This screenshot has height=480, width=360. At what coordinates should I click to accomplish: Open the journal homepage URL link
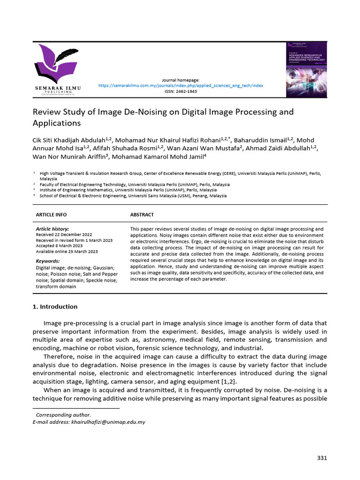tap(180, 86)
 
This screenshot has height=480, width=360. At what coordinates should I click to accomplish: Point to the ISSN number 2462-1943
tap(180, 91)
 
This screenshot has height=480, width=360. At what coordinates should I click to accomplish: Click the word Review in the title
tap(45, 112)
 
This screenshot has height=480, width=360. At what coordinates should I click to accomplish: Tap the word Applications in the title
tap(57, 123)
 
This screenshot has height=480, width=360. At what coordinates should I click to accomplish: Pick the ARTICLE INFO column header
tap(51, 215)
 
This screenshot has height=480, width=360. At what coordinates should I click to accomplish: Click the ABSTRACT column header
tap(142, 215)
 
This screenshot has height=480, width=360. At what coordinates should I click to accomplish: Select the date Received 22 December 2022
tap(64, 234)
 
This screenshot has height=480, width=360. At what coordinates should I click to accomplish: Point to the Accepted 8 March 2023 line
tap(59, 246)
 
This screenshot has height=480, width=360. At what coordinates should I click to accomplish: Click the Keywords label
tap(48, 261)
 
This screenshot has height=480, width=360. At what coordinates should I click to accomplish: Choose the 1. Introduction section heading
tap(55, 307)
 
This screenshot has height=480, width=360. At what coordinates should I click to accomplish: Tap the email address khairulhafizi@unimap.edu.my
tap(108, 422)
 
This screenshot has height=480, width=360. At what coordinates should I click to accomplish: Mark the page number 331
tap(322, 458)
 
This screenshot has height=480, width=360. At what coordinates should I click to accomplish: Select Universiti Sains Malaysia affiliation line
tap(133, 196)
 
